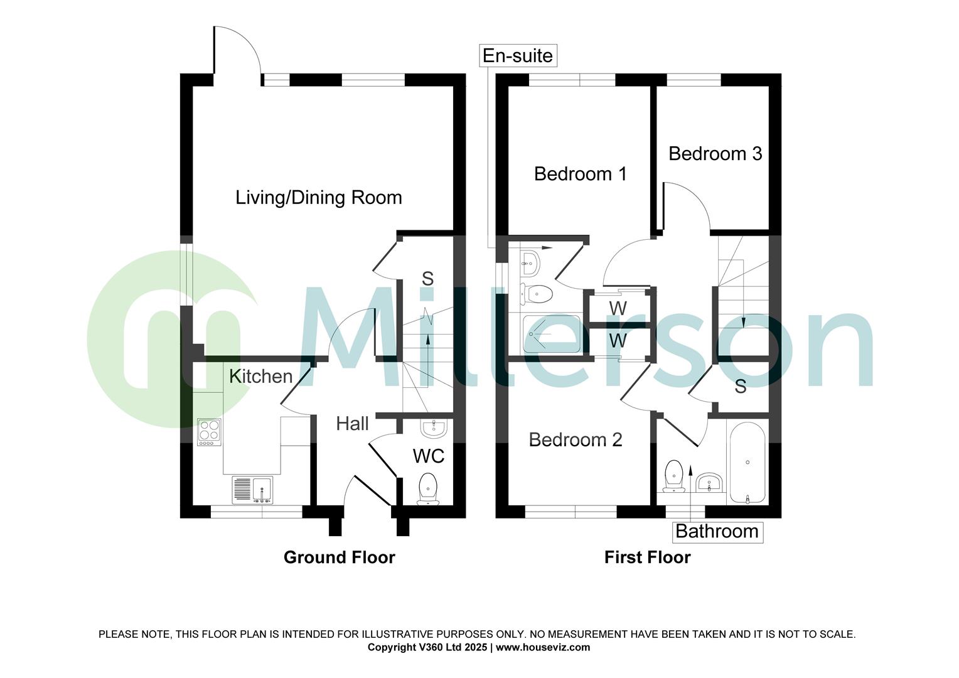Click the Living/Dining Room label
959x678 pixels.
[318, 198]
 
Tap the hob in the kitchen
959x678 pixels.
[210, 433]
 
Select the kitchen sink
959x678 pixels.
[253, 490]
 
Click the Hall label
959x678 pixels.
[352, 424]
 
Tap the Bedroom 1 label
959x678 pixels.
[580, 174]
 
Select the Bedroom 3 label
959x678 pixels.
[715, 154]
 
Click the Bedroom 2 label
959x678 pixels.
[575, 439]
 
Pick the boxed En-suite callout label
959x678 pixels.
[518, 56]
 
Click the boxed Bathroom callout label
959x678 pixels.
[717, 532]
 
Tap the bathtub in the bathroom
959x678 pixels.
[747, 463]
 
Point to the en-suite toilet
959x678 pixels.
[535, 293]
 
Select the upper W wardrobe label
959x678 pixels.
[618, 308]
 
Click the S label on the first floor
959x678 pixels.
[741, 387]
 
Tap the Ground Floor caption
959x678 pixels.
[339, 557]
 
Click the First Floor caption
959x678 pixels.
[647, 557]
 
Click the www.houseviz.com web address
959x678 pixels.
[543, 647]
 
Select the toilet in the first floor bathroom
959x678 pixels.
[673, 475]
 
